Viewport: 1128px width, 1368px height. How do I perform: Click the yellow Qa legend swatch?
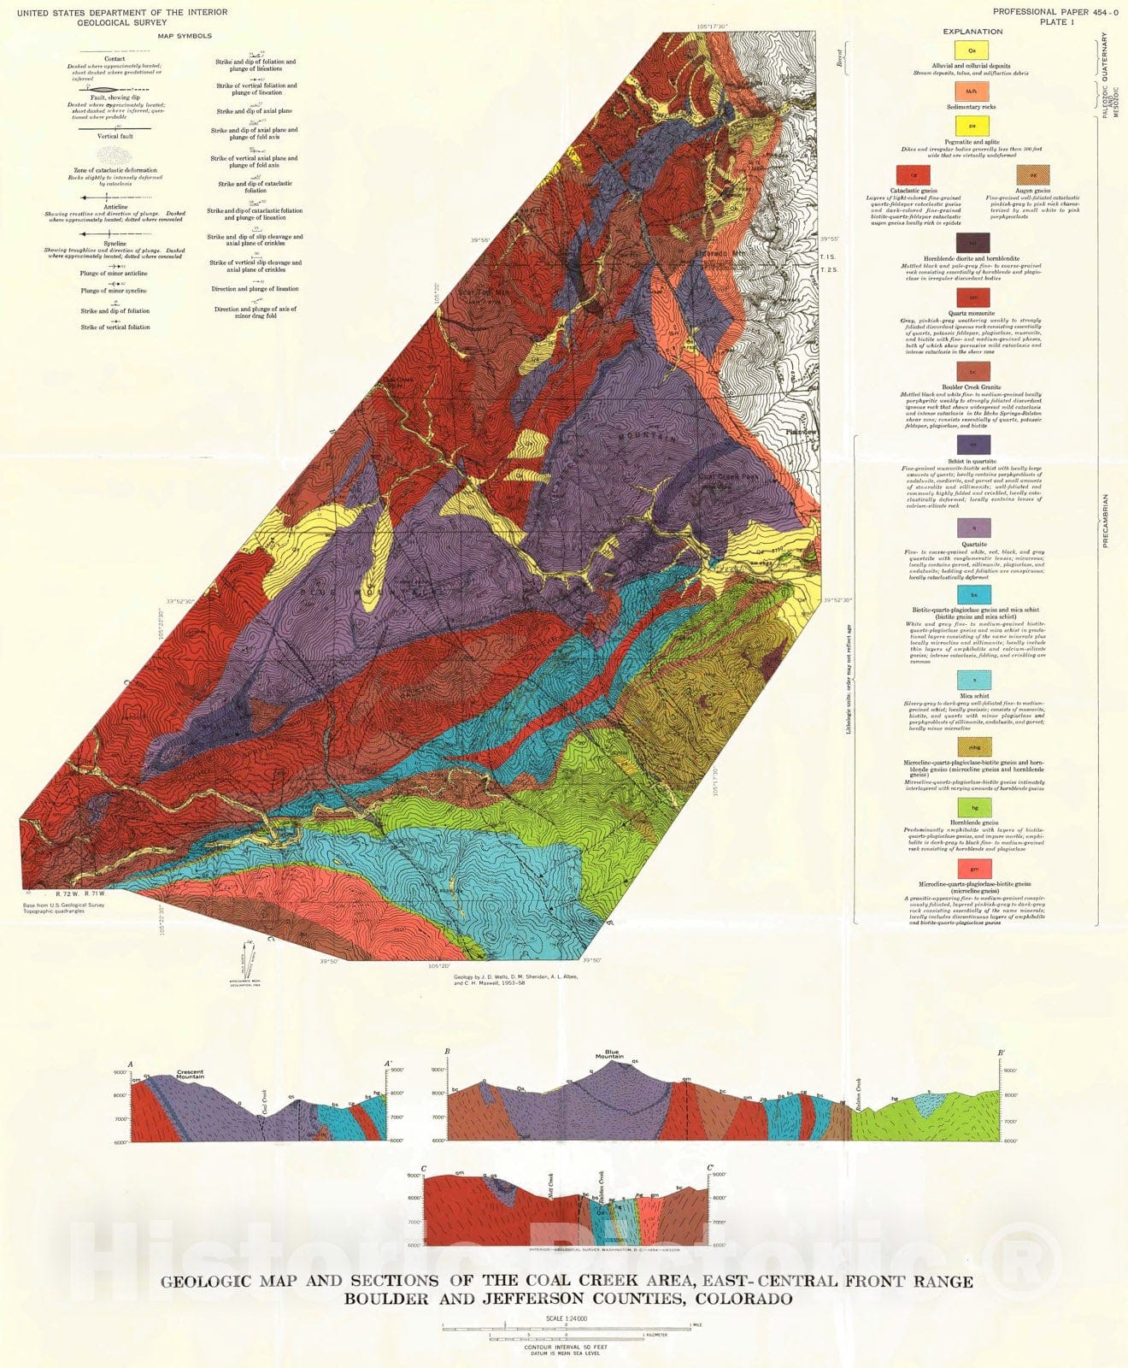coord(972,51)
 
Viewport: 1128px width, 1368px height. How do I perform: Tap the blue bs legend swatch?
coord(973,594)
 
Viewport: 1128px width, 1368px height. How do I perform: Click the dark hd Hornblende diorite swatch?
coord(973,242)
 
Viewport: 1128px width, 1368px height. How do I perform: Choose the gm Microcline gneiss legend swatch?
coord(973,868)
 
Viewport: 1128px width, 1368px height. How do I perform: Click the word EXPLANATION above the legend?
coord(972,32)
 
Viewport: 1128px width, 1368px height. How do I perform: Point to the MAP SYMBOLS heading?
coord(185,36)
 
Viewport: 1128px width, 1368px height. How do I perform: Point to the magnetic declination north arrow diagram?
coord(250,962)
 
